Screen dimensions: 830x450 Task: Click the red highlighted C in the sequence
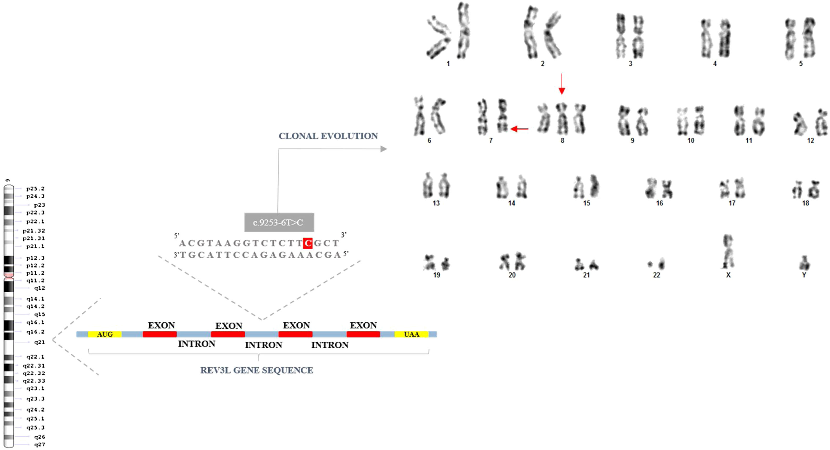tap(308, 243)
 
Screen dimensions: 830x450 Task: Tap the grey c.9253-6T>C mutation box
tap(279, 222)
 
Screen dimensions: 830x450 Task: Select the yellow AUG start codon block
tap(105, 334)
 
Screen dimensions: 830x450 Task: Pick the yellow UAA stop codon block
tap(411, 334)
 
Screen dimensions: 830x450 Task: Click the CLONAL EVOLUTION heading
tap(328, 136)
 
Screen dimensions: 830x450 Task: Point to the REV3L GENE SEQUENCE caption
tap(256, 370)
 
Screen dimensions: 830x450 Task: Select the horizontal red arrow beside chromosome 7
tap(519, 129)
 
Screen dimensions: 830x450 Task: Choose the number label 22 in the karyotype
tap(656, 275)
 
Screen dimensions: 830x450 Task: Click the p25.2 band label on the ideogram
tap(36, 189)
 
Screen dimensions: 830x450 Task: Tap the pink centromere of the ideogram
tap(9, 275)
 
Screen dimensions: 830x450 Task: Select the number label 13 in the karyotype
tap(436, 203)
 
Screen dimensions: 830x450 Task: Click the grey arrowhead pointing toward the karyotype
tap(383, 149)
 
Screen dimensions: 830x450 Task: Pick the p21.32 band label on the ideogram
tap(34, 231)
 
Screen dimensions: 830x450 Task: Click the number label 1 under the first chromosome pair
tap(448, 64)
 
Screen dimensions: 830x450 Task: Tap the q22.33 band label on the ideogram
tap(34, 381)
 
